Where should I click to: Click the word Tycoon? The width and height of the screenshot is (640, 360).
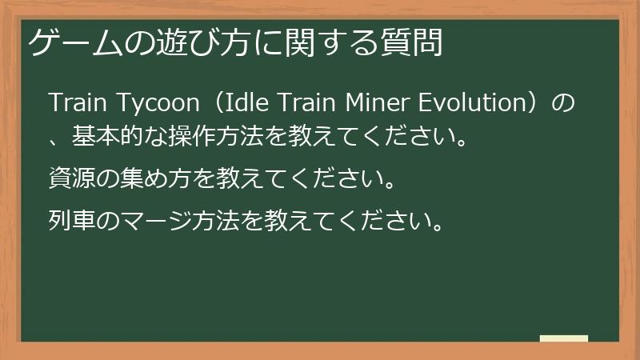158,103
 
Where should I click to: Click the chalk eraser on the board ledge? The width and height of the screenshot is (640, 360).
564,338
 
